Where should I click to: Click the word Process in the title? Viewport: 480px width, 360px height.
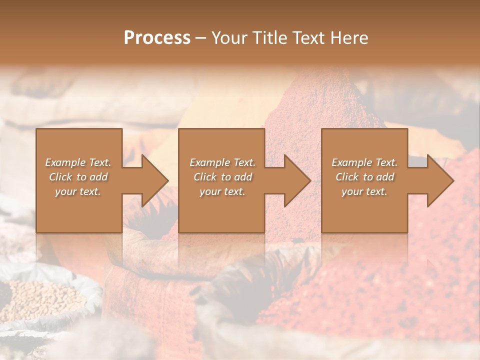pos(157,38)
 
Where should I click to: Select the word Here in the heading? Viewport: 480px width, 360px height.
pos(349,38)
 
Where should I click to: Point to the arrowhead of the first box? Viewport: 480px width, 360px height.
pos(150,180)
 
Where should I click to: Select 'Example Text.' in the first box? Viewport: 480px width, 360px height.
pos(78,162)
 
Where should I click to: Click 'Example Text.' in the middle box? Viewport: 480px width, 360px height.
pos(222,162)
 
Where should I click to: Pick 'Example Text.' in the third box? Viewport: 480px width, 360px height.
pos(364,162)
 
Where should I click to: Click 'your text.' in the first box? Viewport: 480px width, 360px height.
pos(78,191)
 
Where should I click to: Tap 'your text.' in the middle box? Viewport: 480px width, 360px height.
pos(222,191)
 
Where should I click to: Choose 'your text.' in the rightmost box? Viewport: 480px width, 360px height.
pos(364,191)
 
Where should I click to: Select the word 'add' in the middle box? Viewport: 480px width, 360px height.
pos(243,177)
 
